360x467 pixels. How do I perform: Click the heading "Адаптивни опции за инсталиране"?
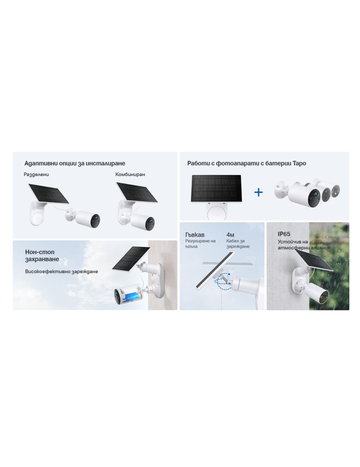coord(74,163)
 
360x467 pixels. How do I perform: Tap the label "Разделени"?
coord(36,174)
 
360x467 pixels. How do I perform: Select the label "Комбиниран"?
coord(130,174)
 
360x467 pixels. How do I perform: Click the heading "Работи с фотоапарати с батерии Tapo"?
coord(247,163)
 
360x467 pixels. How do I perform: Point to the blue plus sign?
coord(259,192)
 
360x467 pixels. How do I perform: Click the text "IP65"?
coord(284,234)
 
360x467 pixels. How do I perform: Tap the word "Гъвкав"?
coord(195,235)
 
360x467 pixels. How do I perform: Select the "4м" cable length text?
coord(230,235)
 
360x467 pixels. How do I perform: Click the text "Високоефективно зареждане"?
coord(61,272)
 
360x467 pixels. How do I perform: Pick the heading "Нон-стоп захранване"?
coord(42,255)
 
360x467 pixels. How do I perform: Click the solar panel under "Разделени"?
coord(49,193)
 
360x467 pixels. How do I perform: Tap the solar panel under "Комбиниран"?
coord(137,192)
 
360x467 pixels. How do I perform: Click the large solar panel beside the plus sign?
coord(216,189)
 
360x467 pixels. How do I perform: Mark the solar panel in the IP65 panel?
coord(314,261)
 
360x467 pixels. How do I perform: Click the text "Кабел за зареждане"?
coord(238,244)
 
